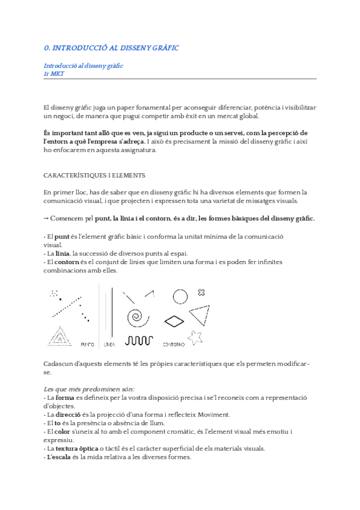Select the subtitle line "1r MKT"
coord(53,73)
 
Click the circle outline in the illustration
coord(180,296)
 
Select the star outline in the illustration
coord(195,337)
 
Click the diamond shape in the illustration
coord(174,321)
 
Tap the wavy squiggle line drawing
coord(139,340)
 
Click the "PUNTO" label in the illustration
coord(87,345)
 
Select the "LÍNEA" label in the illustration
coord(109,345)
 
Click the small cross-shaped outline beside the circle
coord(201,292)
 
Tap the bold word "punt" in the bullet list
coord(62,237)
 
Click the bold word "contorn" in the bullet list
coord(67,262)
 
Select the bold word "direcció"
coord(69,414)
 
